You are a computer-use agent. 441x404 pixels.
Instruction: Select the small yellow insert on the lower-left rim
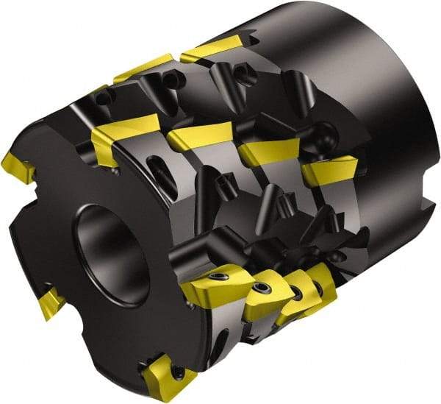[52, 302]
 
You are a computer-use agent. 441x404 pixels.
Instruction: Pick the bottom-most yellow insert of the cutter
[168, 375]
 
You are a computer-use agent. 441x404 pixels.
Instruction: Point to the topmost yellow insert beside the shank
[212, 47]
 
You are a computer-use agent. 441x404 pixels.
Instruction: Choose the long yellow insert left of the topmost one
[143, 68]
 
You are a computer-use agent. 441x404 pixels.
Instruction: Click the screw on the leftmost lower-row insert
[219, 277]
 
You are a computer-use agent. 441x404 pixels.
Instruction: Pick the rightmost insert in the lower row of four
[322, 280]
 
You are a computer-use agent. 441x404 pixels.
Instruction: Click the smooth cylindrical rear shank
[345, 81]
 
